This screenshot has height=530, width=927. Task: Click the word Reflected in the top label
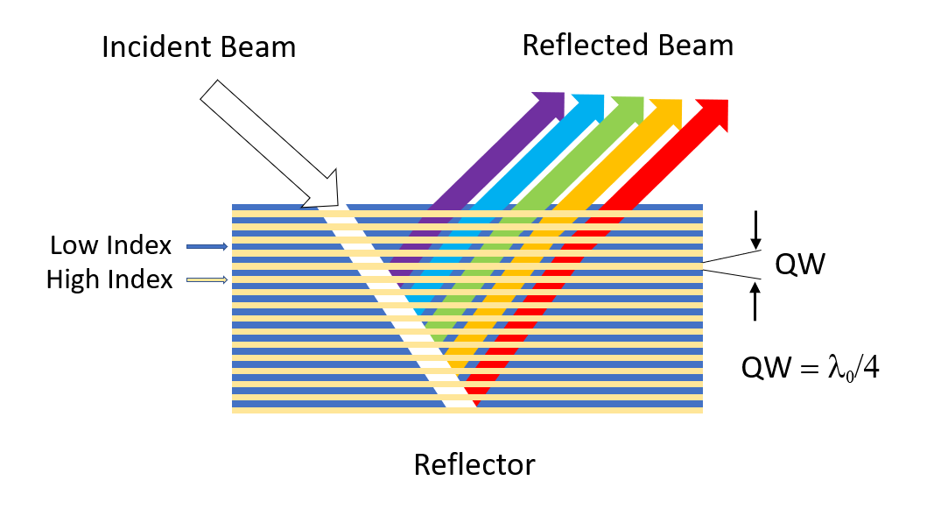[585, 45]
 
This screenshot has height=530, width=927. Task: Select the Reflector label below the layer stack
[474, 464]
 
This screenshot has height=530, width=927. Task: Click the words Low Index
[110, 245]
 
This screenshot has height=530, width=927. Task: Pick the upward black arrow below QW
[755, 303]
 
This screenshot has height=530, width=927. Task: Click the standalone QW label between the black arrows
[800, 264]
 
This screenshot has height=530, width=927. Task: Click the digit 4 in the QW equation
[870, 369]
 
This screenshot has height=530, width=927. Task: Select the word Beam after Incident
[258, 46]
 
